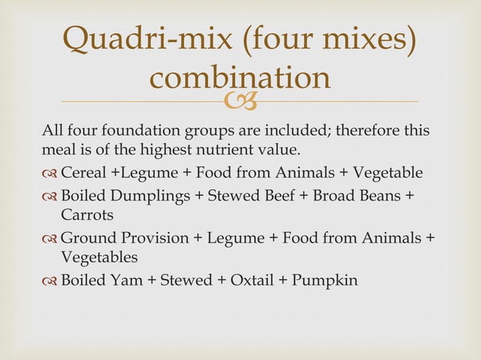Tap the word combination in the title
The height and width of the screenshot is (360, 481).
click(240, 78)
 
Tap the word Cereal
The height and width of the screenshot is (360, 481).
click(84, 173)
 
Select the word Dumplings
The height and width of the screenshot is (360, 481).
click(156, 196)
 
